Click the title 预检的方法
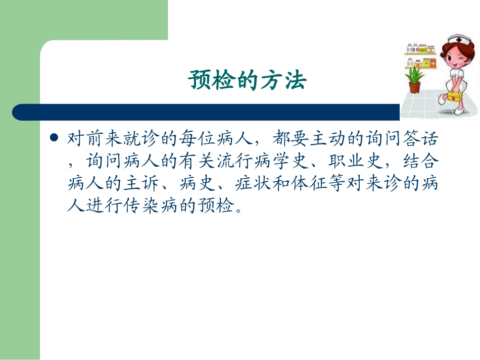pyautogui.click(x=248, y=80)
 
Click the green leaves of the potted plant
pyautogui.click(x=415, y=74)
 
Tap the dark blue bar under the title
pyautogui.click(x=202, y=112)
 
